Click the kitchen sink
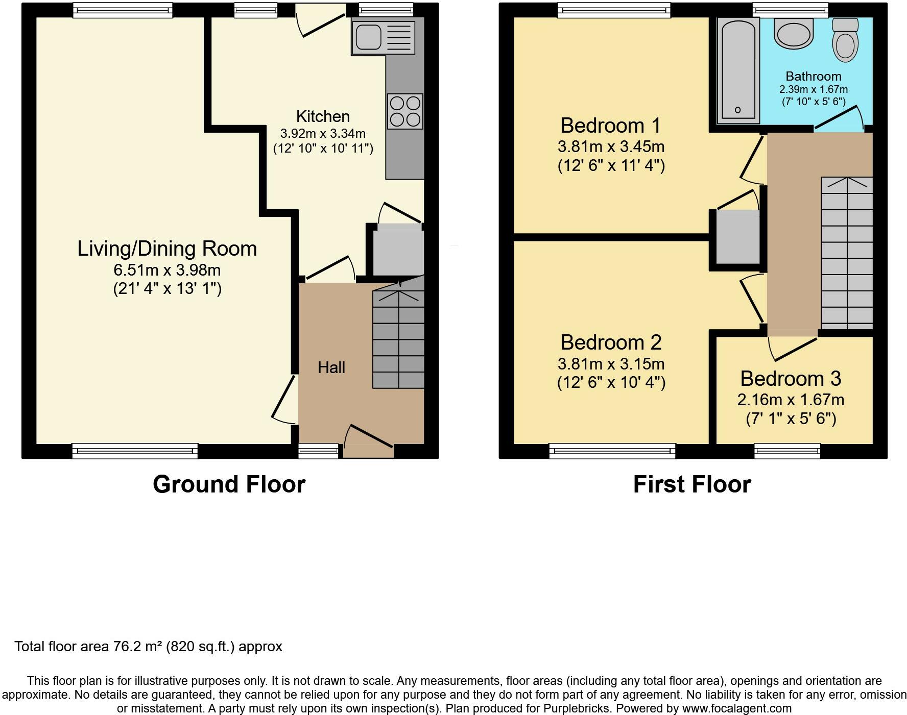coord(383,37)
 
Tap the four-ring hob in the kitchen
coord(405,111)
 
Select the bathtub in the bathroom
coord(737,70)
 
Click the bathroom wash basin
coord(793,34)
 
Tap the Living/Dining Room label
coord(167,249)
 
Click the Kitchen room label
coord(323,116)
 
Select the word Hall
coord(331,367)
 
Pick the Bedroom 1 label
coord(610,125)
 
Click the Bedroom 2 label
coord(611,342)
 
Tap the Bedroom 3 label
coord(791,378)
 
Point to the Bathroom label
coord(814,77)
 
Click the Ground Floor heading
coord(229,484)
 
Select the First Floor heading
coord(692,484)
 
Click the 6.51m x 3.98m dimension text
coord(167,270)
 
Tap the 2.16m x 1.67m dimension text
coord(791,400)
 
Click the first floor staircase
coord(847,254)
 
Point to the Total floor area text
coord(148,647)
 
